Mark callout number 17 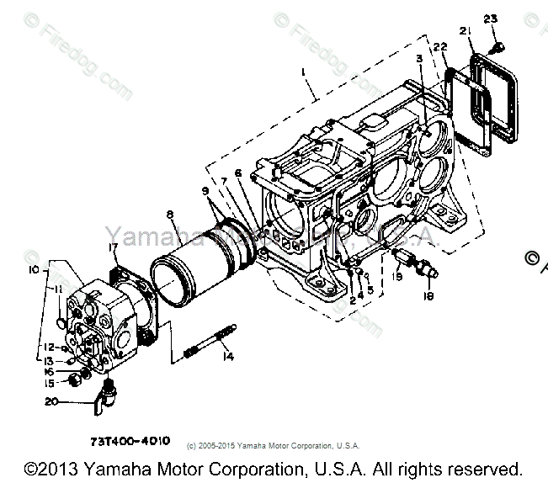coord(114,247)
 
